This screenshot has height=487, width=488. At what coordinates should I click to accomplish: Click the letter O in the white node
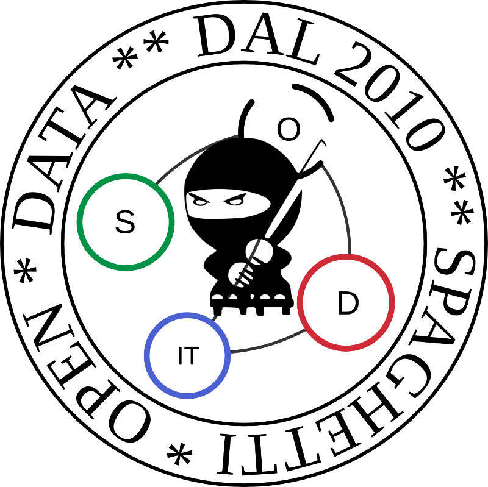[289, 130]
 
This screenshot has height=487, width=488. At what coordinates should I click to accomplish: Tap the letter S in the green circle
[125, 222]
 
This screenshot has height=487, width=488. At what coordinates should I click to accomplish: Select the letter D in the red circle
[348, 304]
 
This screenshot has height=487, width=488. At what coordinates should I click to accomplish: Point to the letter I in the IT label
[180, 356]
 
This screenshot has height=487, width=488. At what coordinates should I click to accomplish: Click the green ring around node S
[80, 222]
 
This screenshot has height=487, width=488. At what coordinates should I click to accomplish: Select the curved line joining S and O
[195, 152]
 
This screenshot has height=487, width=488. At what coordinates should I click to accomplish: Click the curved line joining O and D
[343, 201]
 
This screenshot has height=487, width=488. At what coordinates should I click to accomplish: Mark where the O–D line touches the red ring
[350, 255]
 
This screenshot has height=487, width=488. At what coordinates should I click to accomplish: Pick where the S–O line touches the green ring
[156, 183]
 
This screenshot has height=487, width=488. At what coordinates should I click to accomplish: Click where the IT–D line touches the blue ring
[231, 352]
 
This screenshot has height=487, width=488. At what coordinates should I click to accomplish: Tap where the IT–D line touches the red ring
[306, 330]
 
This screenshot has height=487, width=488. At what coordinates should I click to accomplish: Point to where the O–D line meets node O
[321, 165]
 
